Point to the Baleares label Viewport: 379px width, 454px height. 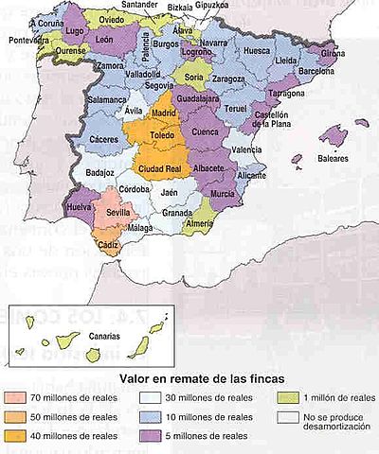pyautogui.click(x=333, y=159)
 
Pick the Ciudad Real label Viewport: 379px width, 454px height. pyautogui.click(x=161, y=169)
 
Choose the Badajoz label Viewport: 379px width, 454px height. pyautogui.click(x=99, y=173)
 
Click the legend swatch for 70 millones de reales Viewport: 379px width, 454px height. pyautogui.click(x=18, y=398)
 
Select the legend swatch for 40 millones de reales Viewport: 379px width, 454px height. pyautogui.click(x=18, y=436)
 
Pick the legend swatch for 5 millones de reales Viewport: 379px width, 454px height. pyautogui.click(x=151, y=436)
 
